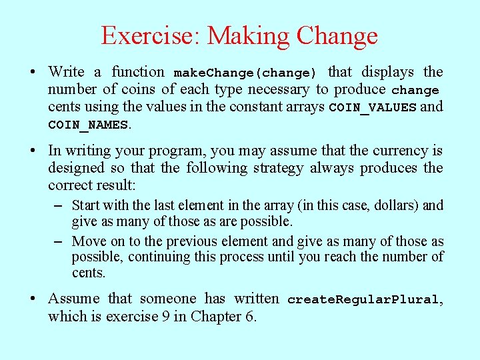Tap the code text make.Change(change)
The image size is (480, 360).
[245, 73]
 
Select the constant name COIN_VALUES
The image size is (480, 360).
[373, 107]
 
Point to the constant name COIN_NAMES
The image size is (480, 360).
[88, 125]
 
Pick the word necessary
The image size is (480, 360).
[279, 89]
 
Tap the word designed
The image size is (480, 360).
[73, 168]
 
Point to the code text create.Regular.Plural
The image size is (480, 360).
[363, 300]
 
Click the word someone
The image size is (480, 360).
[168, 299]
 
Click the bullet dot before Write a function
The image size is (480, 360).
[32, 72]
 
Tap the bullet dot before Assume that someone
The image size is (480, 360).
[32, 299]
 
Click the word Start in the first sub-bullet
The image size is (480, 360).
[85, 205]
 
